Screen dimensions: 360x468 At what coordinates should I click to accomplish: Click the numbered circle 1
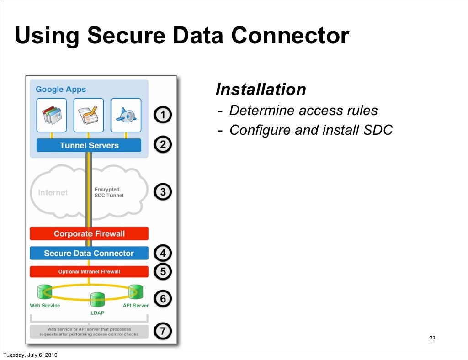pos(163,115)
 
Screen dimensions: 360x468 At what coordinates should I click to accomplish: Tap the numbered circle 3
pos(163,192)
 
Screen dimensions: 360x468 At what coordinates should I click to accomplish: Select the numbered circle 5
pos(163,272)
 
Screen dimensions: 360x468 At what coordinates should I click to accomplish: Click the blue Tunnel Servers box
pos(89,145)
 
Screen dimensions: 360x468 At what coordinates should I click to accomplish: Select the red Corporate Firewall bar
pos(89,233)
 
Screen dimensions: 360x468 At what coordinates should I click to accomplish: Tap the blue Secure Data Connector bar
pos(89,253)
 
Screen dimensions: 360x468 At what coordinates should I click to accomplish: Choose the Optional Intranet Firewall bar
pos(89,272)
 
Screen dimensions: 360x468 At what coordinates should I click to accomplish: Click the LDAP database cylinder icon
pos(97,300)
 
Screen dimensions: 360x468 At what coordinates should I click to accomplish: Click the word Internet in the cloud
pos(53,193)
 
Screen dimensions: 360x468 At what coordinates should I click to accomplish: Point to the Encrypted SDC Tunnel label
pos(108,192)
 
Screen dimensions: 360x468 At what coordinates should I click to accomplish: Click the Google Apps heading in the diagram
pos(61,90)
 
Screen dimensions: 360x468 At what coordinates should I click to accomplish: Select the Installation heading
pos(261,90)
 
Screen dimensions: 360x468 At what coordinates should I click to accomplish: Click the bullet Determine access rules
pos(303,111)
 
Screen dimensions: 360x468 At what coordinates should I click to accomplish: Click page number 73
pos(432,339)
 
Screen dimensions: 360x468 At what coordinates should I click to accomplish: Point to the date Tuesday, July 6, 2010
pos(30,355)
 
